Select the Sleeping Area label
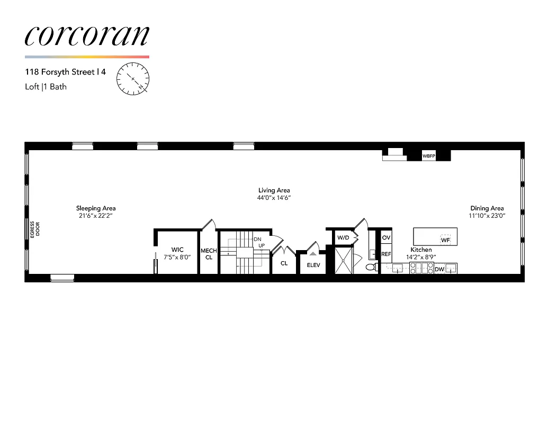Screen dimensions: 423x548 (96, 208)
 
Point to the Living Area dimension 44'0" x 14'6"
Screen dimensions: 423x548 (274, 198)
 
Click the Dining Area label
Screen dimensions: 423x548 (487, 208)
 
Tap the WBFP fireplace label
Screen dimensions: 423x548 (428, 157)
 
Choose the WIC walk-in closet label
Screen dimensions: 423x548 (177, 250)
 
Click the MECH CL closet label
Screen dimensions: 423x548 (209, 254)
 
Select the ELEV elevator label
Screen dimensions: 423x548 (313, 265)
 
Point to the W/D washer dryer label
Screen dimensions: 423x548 (343, 238)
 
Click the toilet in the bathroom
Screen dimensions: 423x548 (371, 267)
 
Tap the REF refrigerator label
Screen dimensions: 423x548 (386, 254)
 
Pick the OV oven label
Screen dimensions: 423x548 (386, 238)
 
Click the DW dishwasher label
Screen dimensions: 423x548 (439, 270)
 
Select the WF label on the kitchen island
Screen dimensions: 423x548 (445, 240)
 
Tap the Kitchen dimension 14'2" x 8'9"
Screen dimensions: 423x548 (421, 256)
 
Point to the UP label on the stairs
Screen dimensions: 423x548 (261, 245)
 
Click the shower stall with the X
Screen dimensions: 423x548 (344, 260)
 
